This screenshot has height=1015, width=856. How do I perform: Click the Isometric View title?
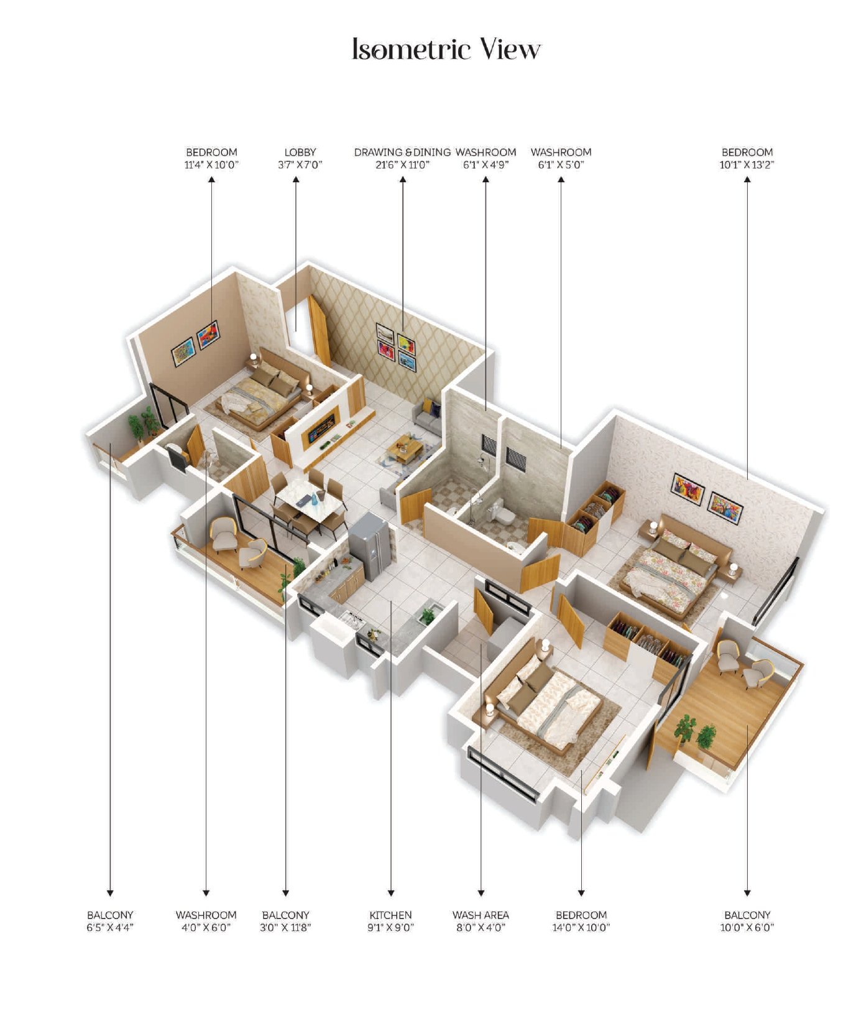point(446,49)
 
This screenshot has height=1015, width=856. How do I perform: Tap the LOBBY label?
point(300,152)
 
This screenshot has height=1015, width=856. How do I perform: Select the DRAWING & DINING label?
point(402,152)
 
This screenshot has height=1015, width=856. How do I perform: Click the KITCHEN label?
point(390,915)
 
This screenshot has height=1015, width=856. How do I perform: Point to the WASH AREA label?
point(481,915)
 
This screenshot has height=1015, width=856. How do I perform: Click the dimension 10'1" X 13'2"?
point(747,165)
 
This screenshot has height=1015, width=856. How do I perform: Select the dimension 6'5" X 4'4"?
point(110,927)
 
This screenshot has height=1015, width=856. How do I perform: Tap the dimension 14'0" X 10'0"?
point(581,927)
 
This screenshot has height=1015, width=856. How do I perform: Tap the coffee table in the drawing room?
point(405,446)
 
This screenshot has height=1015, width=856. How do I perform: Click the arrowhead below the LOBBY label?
point(296,180)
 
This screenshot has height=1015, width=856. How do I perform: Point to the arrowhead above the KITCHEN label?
point(390,892)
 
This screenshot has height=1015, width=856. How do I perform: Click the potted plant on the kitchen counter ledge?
point(428,615)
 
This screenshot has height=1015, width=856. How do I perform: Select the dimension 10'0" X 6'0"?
point(747,927)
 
